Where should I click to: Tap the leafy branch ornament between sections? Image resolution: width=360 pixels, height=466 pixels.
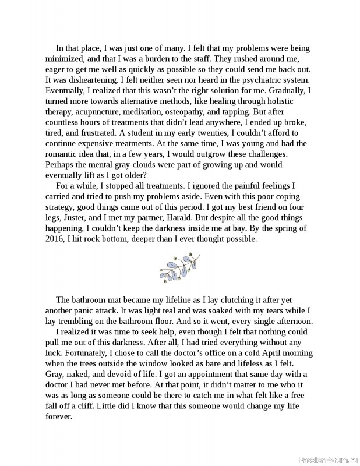(180, 266)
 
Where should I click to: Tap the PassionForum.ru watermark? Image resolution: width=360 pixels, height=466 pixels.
(328, 460)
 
